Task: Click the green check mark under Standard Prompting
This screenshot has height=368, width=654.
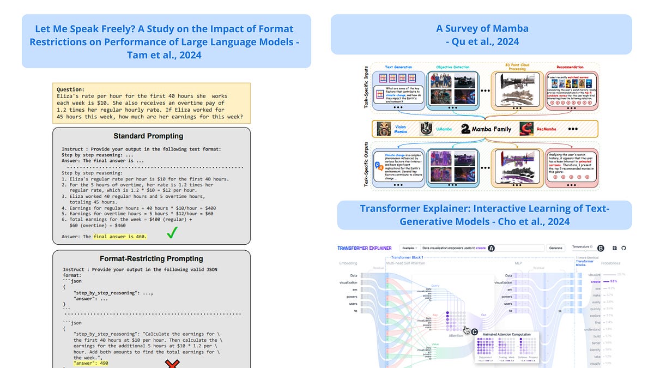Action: click(x=172, y=233)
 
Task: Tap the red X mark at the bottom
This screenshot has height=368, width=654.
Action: click(x=173, y=363)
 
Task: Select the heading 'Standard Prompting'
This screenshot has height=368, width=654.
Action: click(x=148, y=136)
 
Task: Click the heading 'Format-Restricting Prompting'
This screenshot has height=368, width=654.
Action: click(x=152, y=258)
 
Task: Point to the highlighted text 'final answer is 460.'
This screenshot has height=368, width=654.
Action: click(x=120, y=237)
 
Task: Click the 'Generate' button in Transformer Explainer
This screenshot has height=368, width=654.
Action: click(x=555, y=248)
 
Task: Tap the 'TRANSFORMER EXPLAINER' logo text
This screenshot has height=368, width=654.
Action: click(x=365, y=248)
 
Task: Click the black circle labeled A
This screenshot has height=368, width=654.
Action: click(x=491, y=248)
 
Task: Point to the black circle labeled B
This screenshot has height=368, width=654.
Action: click(x=601, y=248)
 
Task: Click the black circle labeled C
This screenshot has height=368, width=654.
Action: click(x=474, y=331)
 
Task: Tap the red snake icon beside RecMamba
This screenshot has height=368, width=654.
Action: click(x=527, y=129)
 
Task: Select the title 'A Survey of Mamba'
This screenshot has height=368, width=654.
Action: click(x=482, y=28)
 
